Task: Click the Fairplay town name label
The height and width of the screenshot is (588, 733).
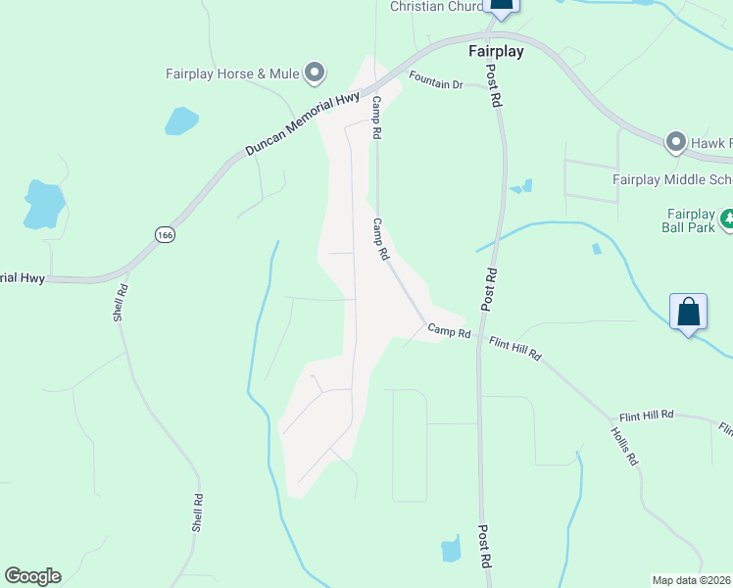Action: pyautogui.click(x=495, y=51)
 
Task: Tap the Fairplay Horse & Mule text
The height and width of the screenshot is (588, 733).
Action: pyautogui.click(x=230, y=73)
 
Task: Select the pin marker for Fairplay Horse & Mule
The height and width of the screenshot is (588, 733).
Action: pyautogui.click(x=315, y=72)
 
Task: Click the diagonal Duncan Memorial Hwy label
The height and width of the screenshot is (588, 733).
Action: pyautogui.click(x=304, y=122)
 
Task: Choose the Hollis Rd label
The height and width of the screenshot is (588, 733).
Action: pyautogui.click(x=624, y=445)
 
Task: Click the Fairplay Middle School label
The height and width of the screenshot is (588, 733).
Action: pyautogui.click(x=672, y=179)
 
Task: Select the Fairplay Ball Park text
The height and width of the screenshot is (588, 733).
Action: pyautogui.click(x=691, y=220)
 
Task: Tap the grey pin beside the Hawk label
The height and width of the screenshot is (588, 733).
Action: pyautogui.click(x=674, y=143)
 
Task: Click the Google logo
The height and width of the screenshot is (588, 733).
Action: pyautogui.click(x=32, y=576)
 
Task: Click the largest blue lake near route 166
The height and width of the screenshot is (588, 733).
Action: pyautogui.click(x=44, y=204)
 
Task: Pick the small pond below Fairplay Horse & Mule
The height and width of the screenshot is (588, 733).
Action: pyautogui.click(x=181, y=121)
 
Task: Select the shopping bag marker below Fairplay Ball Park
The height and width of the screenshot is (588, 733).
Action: pyautogui.click(x=689, y=313)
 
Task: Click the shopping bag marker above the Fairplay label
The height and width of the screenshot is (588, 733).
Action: pyautogui.click(x=501, y=5)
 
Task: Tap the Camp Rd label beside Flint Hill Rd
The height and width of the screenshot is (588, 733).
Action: pyautogui.click(x=449, y=332)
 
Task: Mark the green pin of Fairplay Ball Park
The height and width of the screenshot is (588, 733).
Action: pyautogui.click(x=727, y=219)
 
